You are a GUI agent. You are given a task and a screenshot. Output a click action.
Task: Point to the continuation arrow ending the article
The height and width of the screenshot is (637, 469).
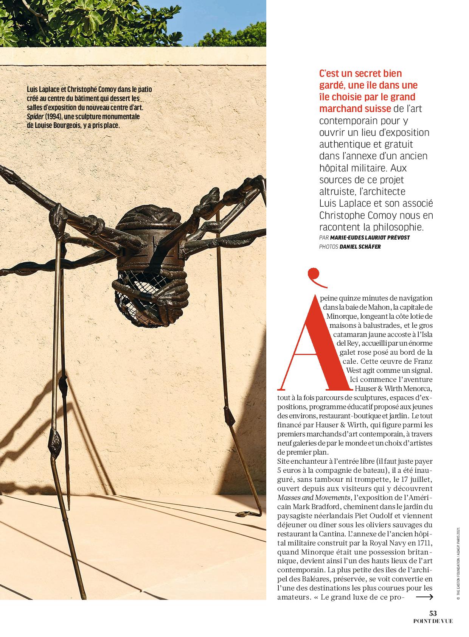424,598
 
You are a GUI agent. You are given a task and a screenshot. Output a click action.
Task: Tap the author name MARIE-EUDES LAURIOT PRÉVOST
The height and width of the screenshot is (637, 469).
370,237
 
